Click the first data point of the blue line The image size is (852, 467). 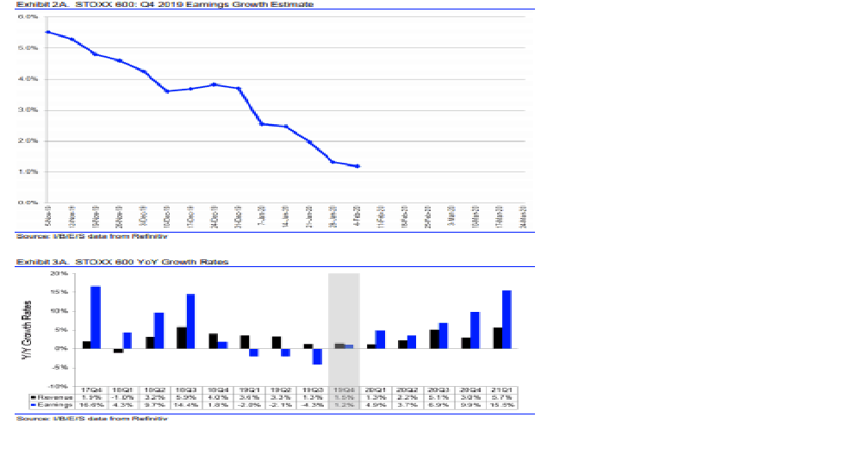tap(47, 32)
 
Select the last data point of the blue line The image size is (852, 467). tap(358, 166)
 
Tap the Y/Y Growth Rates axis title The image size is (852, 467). tap(27, 328)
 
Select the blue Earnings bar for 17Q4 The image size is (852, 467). tap(96, 317)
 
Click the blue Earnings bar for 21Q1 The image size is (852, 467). tap(507, 320)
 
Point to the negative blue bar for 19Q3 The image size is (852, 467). tap(317, 356)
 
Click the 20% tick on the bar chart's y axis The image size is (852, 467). tap(60, 274)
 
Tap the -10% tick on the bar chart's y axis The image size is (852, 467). tap(60, 386)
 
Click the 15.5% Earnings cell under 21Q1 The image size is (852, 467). tap(501, 404)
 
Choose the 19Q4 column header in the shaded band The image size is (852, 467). tap(344, 390)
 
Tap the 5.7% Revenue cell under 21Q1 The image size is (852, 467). tap(501, 397)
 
